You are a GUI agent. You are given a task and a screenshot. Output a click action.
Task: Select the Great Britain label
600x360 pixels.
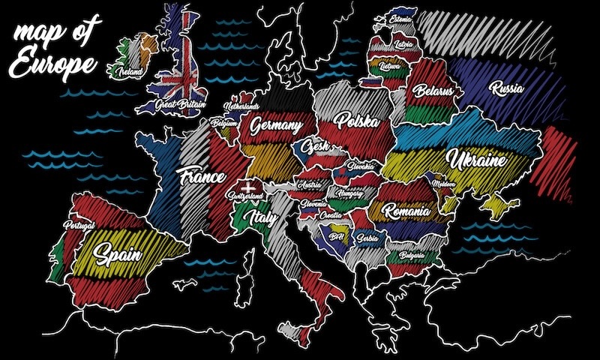click(180, 105)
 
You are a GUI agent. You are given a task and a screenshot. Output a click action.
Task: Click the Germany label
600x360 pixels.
click(276, 124)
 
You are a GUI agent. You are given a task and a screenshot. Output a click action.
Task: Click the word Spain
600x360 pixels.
click(118, 253)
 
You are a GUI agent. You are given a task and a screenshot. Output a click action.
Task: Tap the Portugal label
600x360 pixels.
click(79, 225)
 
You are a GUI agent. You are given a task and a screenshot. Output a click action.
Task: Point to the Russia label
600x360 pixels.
click(506, 88)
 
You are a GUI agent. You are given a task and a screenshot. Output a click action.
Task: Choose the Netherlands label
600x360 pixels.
click(245, 108)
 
